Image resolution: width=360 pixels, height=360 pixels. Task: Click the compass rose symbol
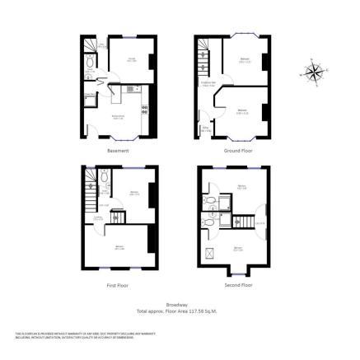pos(314,71)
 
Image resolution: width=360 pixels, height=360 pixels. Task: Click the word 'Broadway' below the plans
pos(179,304)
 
